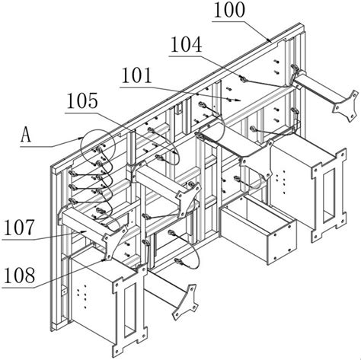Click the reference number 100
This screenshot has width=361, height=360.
[x=230, y=10]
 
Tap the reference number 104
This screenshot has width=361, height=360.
[x=187, y=45]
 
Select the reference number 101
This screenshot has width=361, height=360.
[x=137, y=75]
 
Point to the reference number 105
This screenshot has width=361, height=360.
[x=82, y=101]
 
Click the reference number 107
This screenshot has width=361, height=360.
[x=19, y=228]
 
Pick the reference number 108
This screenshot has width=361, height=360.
[x=19, y=276]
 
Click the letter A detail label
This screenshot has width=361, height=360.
[x=26, y=135]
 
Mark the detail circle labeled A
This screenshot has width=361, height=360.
[x=97, y=146]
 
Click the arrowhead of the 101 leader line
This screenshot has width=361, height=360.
[x=237, y=100]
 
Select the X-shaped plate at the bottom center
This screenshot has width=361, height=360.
[x=185, y=302]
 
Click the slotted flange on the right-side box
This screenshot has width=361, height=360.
[x=329, y=195]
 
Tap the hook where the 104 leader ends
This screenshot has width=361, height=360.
[x=243, y=79]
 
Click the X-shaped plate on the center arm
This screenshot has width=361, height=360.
[x=188, y=199]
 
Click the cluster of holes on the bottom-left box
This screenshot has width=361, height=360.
[x=81, y=296]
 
